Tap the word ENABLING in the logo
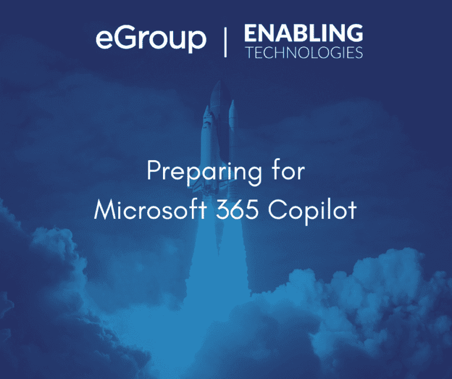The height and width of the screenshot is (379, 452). (x=304, y=33)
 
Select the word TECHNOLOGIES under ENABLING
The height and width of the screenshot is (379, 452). (x=304, y=52)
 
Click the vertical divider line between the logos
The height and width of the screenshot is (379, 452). (x=225, y=42)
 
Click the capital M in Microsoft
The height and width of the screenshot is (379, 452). (x=105, y=210)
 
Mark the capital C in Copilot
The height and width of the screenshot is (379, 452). (x=277, y=210)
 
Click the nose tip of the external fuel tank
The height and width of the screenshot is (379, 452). (x=220, y=82)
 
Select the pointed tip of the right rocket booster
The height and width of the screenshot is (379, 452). (x=232, y=101)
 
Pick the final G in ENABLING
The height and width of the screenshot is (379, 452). (x=354, y=33)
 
